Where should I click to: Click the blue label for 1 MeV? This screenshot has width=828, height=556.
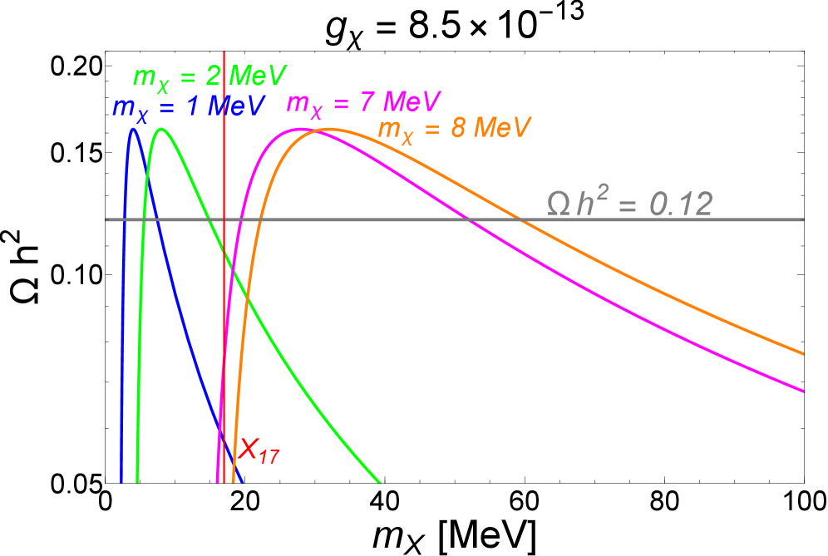pos(189,108)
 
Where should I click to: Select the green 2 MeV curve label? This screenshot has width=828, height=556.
pos(209,77)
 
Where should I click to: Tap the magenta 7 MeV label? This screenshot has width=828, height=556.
pos(363,103)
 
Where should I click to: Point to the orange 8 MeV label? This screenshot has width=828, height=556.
pos(454,130)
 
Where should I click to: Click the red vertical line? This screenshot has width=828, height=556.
pos(224,332)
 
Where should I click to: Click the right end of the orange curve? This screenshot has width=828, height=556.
pos(802,353)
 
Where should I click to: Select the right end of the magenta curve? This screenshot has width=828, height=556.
pos(802,390)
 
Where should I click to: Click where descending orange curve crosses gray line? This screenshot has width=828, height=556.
pos(520,219)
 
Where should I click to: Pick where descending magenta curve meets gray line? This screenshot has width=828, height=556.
pos(466,219)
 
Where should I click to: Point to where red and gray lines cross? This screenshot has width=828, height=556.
pos(224,219)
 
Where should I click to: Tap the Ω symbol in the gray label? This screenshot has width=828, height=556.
pos(557,204)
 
